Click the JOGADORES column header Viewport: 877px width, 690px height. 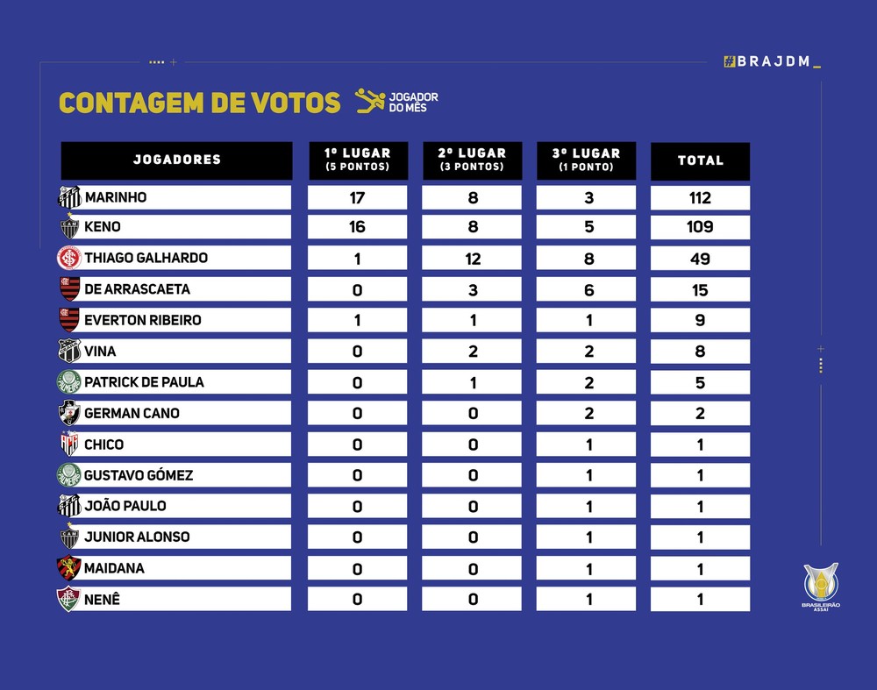(x=176, y=160)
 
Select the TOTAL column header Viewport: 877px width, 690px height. (x=700, y=160)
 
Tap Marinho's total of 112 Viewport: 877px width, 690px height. (x=700, y=197)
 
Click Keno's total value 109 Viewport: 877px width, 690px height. (x=700, y=227)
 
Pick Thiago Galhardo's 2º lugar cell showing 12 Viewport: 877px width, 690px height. (x=472, y=259)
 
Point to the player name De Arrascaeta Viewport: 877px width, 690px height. (x=137, y=289)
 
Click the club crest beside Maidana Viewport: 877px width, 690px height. (x=68, y=568)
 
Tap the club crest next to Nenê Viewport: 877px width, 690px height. (x=68, y=600)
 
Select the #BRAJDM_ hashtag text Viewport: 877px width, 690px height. (x=773, y=61)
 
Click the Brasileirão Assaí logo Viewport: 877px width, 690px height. (x=821, y=587)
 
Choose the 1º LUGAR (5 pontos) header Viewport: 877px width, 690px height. (x=357, y=160)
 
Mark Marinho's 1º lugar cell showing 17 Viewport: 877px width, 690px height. (x=357, y=197)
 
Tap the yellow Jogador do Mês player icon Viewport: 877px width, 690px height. (x=369, y=102)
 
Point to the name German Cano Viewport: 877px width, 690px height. (x=132, y=413)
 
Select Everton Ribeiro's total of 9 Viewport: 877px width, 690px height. (x=700, y=320)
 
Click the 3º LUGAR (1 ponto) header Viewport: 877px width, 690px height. (x=586, y=160)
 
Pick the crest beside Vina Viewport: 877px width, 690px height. (x=68, y=352)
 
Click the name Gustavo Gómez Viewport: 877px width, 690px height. (x=139, y=475)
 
